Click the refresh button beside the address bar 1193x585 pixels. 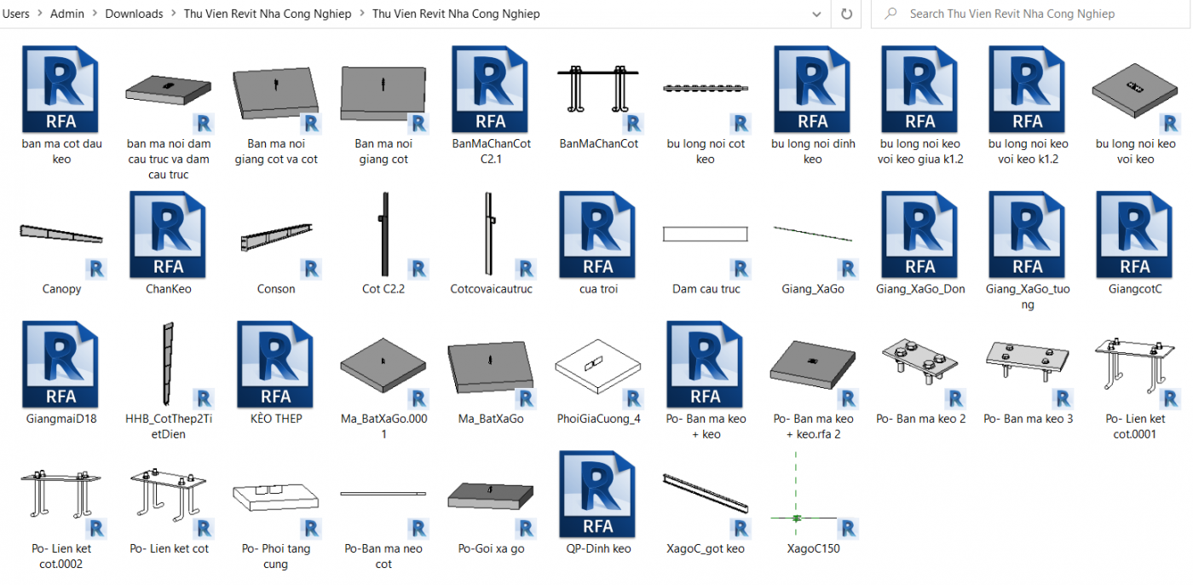846,14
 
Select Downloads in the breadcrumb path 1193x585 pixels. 134,14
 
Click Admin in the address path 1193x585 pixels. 67,14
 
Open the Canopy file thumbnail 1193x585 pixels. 61,234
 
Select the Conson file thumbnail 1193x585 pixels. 276,234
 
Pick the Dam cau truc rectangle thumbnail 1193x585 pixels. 706,234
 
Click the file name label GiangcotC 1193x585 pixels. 1135,289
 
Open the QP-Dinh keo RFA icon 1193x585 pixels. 598,494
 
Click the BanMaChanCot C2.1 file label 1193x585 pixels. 491,151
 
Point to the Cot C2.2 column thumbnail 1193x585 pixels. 383,234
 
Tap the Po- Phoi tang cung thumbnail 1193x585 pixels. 276,495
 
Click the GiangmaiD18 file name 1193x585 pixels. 61,419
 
